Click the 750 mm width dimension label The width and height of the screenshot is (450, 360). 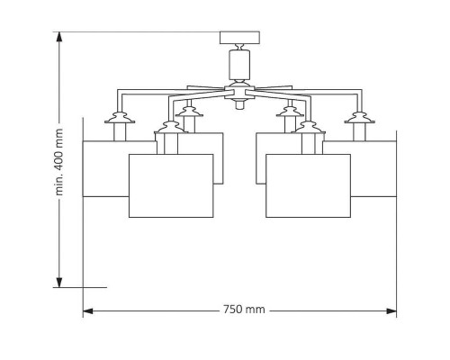[244, 309]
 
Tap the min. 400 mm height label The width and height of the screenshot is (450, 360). [59, 162]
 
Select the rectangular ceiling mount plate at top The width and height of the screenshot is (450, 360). [239, 38]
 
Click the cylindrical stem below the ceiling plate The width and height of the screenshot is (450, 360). [239, 66]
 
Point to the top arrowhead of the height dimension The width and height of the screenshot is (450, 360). [59, 37]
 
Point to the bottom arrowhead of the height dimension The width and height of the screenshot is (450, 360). [59, 283]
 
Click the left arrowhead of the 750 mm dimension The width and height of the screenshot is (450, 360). [88, 310]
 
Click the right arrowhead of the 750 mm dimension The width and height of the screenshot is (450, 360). [391, 310]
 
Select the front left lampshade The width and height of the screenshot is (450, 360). [171, 185]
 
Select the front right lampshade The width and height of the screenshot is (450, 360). [308, 185]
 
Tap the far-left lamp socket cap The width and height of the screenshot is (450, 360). [120, 118]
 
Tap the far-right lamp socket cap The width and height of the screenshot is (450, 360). [359, 118]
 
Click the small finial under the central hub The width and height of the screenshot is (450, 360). [239, 104]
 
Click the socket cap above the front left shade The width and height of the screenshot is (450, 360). [170, 127]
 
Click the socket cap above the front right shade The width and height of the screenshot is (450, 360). [309, 127]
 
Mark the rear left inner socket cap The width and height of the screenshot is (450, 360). [189, 112]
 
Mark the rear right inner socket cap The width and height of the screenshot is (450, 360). [290, 112]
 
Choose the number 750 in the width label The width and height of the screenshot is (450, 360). [233, 309]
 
